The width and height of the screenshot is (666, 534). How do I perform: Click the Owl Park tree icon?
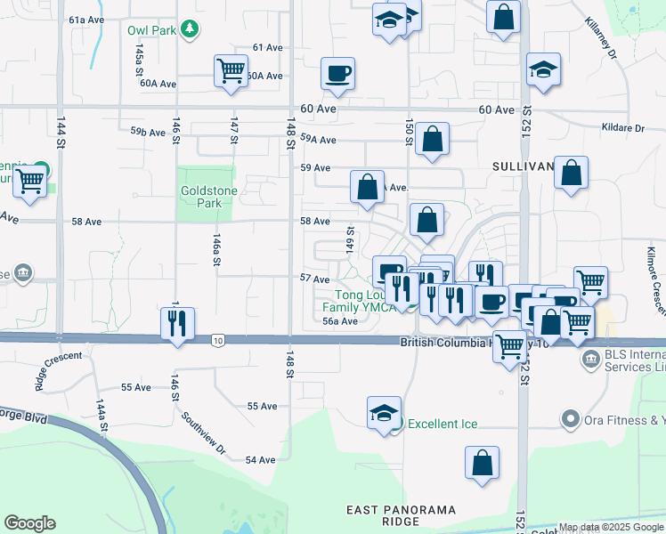(x=189, y=30)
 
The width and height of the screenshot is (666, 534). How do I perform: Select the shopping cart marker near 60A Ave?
(x=231, y=69)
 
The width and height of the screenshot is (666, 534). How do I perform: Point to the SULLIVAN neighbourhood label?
(x=524, y=166)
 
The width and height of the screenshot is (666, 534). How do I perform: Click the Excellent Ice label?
(x=443, y=424)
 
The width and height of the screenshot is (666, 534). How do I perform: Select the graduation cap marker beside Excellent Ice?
(x=384, y=413)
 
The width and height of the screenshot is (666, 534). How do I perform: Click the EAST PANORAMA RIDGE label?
(x=401, y=515)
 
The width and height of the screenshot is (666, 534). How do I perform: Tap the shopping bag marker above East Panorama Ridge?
(x=482, y=463)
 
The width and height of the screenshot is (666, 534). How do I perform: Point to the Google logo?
(x=29, y=523)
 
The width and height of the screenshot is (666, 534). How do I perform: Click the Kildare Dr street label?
(x=622, y=128)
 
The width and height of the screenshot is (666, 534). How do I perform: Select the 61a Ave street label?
(x=88, y=20)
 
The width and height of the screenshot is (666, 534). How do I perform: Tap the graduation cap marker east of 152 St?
(x=542, y=70)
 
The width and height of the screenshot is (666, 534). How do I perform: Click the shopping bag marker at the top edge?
(x=503, y=16)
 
